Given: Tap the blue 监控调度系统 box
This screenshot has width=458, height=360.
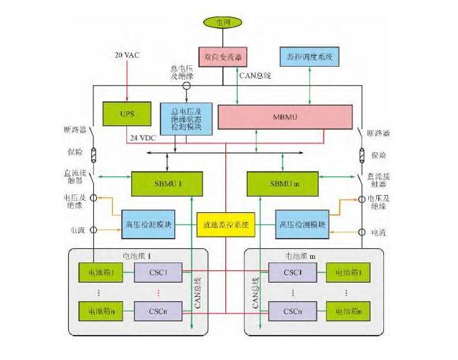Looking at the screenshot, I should tap(309, 56).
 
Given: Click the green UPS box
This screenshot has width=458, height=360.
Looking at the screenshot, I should tap(126, 113).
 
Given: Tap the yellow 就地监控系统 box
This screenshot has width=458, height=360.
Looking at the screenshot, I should tap(225, 224).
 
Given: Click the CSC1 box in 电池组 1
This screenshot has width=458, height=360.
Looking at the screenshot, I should tap(158, 273).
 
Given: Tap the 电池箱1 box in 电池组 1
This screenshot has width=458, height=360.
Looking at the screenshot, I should tap(101, 273).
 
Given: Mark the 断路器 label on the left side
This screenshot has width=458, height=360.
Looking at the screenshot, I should tap(81, 131).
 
